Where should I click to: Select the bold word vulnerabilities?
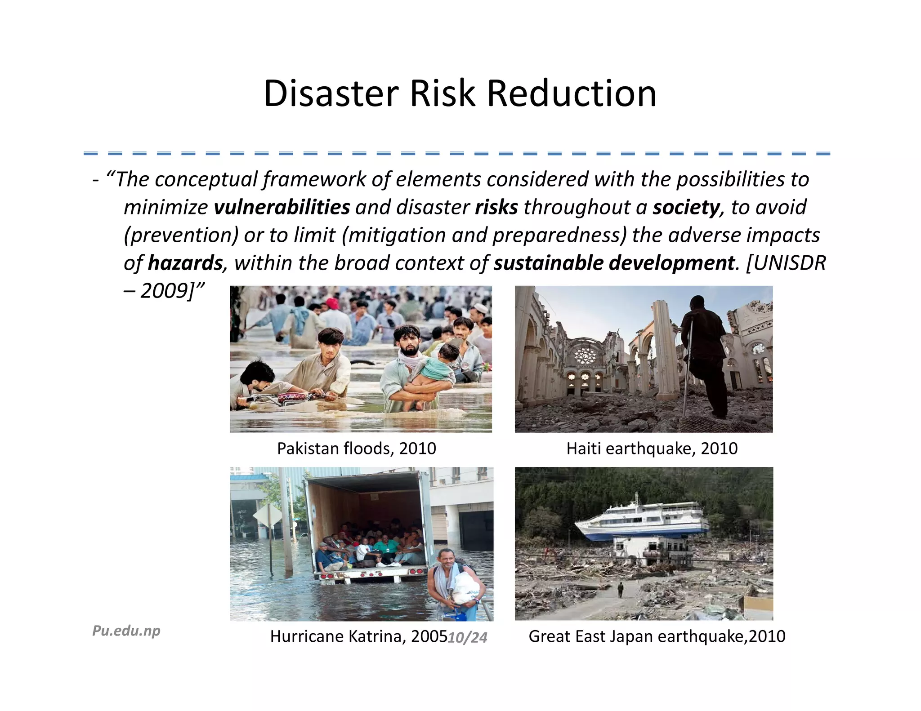click(x=282, y=207)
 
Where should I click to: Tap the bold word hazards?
click(x=185, y=263)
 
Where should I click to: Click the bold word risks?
click(x=496, y=207)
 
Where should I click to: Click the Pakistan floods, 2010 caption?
click(x=356, y=449)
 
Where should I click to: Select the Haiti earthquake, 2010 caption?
click(x=652, y=449)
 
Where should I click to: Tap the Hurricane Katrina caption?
click(x=358, y=636)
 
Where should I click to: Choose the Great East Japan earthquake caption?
click(x=657, y=636)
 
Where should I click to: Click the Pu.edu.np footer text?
click(x=126, y=631)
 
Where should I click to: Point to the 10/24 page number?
click(x=468, y=637)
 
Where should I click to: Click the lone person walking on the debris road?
click(x=621, y=589)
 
